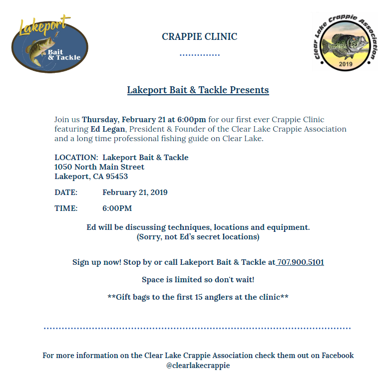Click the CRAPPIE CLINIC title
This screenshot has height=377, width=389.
coord(199,37)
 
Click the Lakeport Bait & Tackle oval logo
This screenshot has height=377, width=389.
coord(49,46)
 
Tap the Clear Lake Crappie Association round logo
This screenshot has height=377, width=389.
coord(343,43)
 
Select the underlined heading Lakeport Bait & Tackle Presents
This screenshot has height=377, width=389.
coord(198,90)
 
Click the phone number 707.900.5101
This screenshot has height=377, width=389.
coord(301,262)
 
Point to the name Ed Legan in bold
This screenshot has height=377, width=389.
coord(105,129)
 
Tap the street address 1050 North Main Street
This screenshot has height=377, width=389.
coord(99,167)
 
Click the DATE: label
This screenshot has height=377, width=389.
coord(66,192)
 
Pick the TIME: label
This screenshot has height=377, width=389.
coord(66,208)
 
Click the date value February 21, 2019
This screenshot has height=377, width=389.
coord(135,192)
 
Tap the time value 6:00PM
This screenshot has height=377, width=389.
coord(117,208)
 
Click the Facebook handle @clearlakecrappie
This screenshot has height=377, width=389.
coord(198,366)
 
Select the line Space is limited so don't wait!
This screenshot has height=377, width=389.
coord(198,280)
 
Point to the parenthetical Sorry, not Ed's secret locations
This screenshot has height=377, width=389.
coord(198,237)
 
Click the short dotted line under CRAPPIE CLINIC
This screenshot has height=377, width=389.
coord(199,55)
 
